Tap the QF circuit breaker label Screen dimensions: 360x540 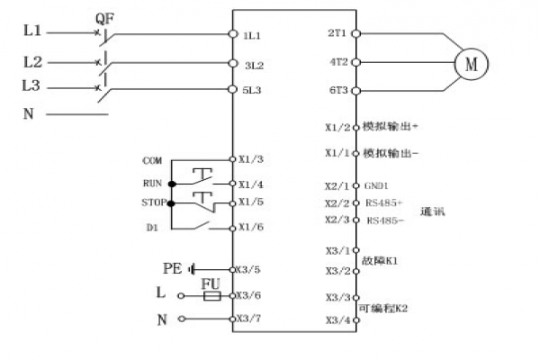tap(104, 17)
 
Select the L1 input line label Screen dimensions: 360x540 tap(32, 32)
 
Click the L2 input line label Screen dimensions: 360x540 tap(32, 63)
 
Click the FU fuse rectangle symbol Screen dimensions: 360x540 tap(211, 295)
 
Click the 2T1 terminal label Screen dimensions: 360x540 tap(338, 33)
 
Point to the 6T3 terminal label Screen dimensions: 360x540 tap(338, 91)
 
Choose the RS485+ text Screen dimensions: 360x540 tap(384, 202)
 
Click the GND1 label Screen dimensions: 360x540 tap(377, 186)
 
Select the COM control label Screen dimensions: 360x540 tap(152, 159)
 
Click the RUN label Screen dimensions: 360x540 tap(151, 182)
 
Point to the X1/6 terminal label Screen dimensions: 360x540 tap(251, 228)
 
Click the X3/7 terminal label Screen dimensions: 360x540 tap(251, 319)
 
